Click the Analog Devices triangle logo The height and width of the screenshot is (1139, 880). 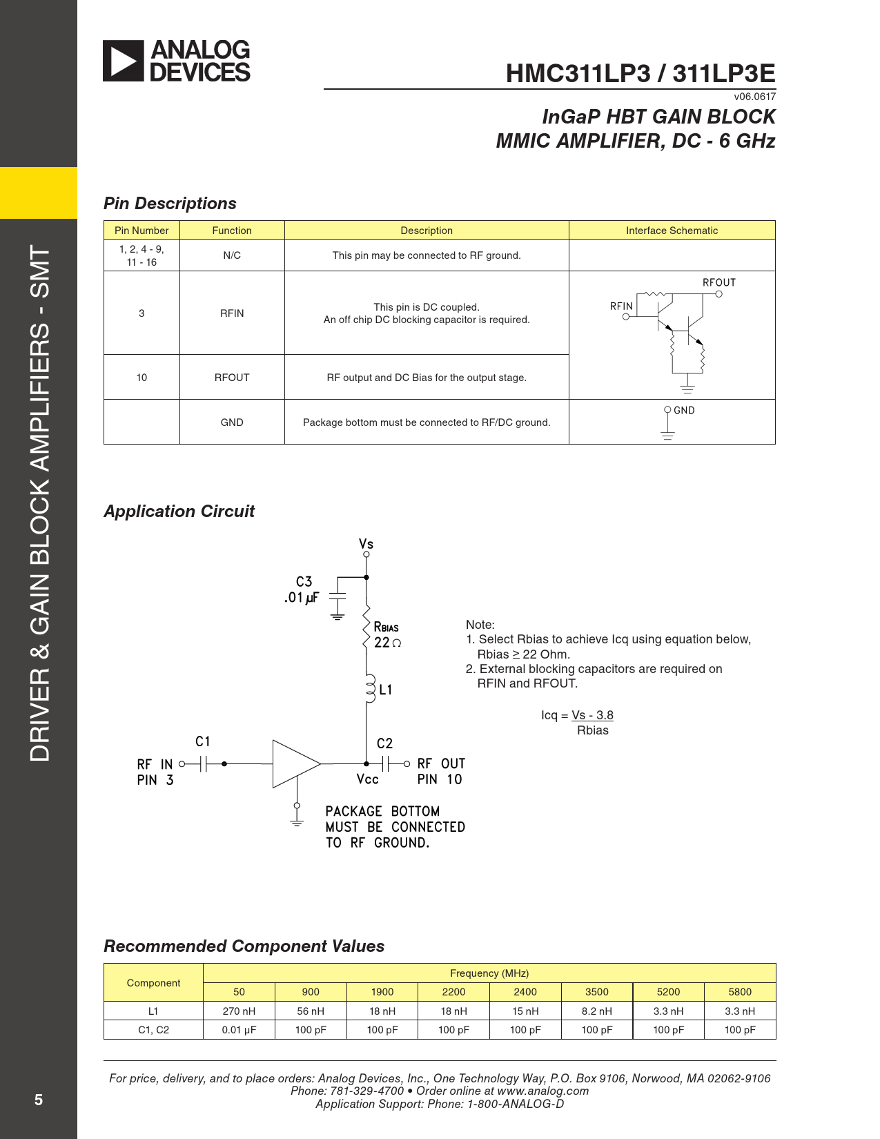coord(124,61)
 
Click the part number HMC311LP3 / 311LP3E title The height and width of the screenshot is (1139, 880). coord(640,74)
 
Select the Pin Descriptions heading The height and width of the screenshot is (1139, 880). coord(170,204)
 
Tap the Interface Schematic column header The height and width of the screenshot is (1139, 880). coord(672,231)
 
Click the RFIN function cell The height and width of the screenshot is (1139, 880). coord(232,313)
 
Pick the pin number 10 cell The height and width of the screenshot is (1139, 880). coord(141,378)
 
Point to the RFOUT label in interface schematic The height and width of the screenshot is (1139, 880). coord(718,282)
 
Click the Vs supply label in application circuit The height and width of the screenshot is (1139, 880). coord(366,544)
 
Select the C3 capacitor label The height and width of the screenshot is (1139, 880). coord(304,582)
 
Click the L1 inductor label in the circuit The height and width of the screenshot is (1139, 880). coord(385,690)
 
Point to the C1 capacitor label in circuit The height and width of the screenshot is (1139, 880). coord(202,741)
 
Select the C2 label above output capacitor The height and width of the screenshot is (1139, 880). coord(384,743)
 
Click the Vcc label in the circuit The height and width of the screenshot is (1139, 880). coord(367,779)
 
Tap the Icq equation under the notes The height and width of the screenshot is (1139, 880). coord(577,723)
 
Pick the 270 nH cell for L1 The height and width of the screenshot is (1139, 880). coord(239,1011)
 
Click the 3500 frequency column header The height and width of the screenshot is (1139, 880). coord(596,992)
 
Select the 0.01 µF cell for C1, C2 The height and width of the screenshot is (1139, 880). coord(239,1030)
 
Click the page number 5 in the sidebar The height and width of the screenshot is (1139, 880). coord(39,1100)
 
